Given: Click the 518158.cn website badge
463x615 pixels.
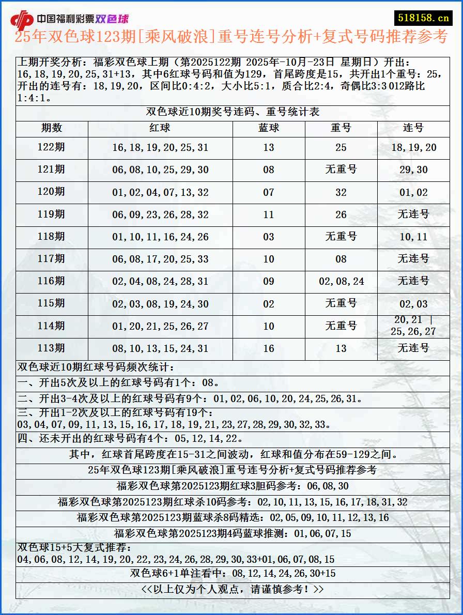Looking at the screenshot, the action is point(423,18).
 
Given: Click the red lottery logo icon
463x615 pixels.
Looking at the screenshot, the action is point(22,20).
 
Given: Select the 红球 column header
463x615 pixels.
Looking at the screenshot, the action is point(160,128).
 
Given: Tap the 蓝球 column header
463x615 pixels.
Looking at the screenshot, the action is point(269,128).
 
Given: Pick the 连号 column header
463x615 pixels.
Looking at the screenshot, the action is point(413,128).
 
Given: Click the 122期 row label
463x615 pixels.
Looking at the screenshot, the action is point(51,147).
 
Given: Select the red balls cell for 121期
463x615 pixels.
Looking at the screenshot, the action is point(160,170).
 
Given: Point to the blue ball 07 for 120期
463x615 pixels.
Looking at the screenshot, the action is point(269,192).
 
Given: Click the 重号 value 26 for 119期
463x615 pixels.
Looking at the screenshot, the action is point(341,214).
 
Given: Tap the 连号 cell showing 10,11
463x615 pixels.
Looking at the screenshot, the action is point(413,237).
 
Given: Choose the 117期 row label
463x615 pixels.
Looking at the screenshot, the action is point(51,259).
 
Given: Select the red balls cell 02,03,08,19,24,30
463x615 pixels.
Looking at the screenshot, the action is point(160,304).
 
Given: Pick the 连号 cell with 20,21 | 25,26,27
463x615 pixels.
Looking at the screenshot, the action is point(413,326).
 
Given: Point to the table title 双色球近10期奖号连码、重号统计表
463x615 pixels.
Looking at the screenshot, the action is point(233,112).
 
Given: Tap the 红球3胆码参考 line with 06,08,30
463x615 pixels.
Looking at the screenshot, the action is point(233,486).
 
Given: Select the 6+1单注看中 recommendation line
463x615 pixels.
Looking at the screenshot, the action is point(233,573).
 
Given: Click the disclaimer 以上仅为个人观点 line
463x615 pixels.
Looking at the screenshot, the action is point(233,589).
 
